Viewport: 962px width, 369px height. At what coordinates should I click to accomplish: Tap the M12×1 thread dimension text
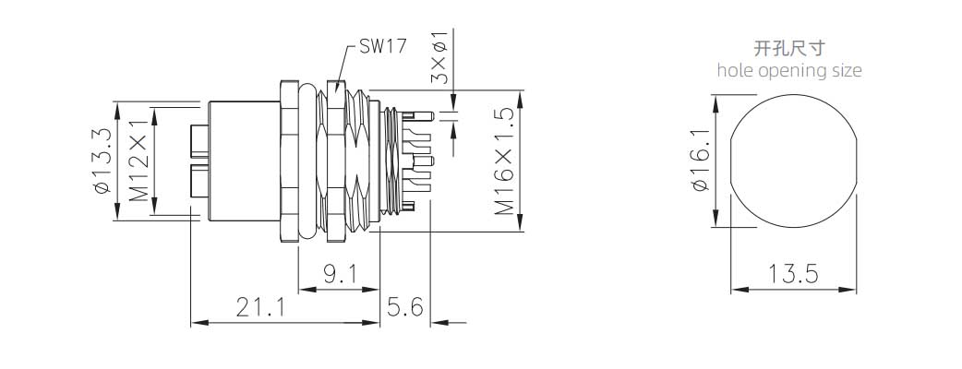click(138, 161)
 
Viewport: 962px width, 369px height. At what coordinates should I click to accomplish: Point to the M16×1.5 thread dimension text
click(504, 161)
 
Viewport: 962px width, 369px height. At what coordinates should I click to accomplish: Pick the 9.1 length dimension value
click(338, 274)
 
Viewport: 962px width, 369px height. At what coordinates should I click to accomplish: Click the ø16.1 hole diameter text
click(699, 161)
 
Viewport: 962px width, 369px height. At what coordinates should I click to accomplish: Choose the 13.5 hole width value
click(793, 274)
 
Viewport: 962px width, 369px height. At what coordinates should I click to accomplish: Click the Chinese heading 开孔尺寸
click(789, 48)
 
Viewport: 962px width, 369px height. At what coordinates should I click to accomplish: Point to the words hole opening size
click(789, 70)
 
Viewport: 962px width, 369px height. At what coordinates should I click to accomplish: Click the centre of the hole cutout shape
click(793, 161)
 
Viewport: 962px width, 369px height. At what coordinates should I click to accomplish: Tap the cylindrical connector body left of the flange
click(242, 161)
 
